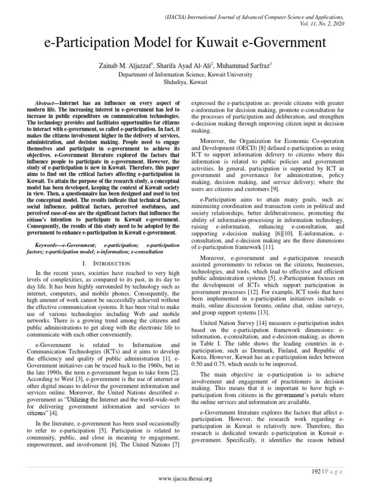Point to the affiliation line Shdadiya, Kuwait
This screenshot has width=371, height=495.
185,82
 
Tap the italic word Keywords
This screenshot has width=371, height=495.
48,245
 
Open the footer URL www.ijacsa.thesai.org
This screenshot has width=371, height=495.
185,479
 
